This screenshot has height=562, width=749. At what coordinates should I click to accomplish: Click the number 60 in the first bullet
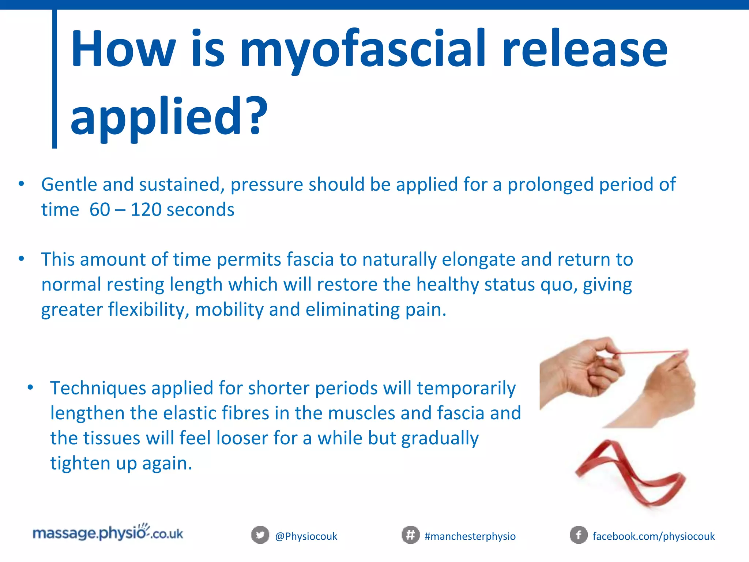coord(100,210)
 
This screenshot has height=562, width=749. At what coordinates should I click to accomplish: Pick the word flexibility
coord(148,310)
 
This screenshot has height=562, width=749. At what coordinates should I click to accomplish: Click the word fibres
coord(235,413)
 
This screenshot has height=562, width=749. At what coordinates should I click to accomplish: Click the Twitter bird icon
coord(260,535)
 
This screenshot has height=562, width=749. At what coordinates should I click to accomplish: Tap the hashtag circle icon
coord(410,535)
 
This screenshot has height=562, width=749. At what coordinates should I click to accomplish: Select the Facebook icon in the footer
coord(579,535)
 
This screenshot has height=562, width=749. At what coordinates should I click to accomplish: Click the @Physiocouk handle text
coord(306,536)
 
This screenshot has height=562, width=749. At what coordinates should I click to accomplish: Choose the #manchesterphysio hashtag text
coord(470,536)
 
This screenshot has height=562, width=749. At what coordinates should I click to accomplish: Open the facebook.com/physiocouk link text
coord(654,536)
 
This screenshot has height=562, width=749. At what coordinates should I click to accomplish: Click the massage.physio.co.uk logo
coord(108,533)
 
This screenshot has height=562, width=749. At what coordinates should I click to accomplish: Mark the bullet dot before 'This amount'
coord(21,259)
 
